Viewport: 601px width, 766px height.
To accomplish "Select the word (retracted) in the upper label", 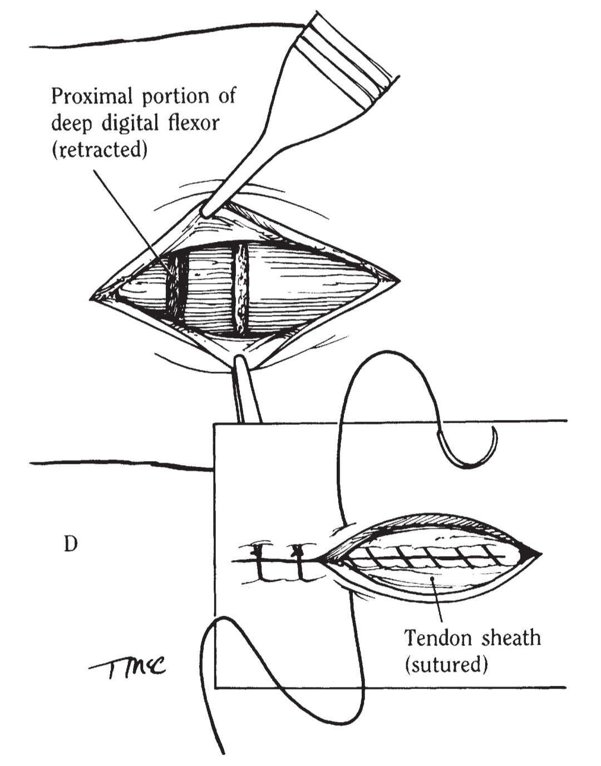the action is tap(99, 151).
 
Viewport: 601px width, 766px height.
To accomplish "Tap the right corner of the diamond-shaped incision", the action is tap(400, 281).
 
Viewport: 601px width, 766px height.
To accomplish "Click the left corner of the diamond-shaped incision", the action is tap(92, 297).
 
